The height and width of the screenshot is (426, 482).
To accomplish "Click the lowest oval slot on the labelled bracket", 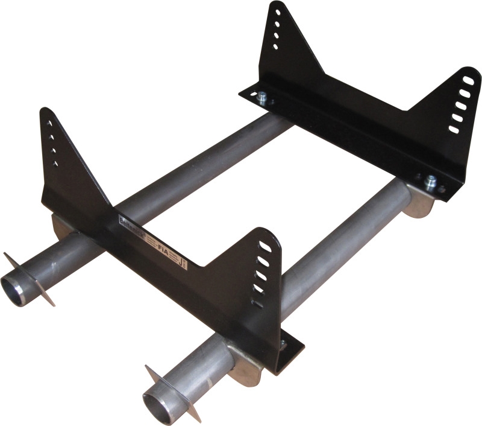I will click(x=256, y=304).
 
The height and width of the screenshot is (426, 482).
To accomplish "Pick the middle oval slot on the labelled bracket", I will click(x=261, y=275).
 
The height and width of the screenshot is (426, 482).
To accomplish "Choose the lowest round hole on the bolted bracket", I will click(x=275, y=46).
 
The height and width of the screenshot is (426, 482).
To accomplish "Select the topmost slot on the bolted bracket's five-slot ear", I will click(x=468, y=80).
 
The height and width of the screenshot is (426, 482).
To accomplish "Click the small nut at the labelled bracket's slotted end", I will click(x=283, y=345).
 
